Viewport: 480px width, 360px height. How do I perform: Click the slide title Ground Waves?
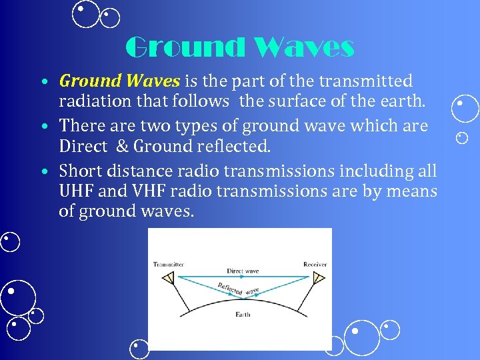pyautogui.click(x=239, y=47)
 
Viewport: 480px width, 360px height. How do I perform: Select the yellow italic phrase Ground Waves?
pyautogui.click(x=119, y=81)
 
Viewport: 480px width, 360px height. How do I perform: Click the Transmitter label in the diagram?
pyautogui.click(x=168, y=264)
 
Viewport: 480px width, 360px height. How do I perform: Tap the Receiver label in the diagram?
pyautogui.click(x=315, y=264)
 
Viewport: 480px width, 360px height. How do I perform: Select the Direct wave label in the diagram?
pyautogui.click(x=243, y=271)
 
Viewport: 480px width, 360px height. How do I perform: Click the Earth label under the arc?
pyautogui.click(x=243, y=314)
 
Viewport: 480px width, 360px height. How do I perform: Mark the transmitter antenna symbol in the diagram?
pyautogui.click(x=168, y=277)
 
